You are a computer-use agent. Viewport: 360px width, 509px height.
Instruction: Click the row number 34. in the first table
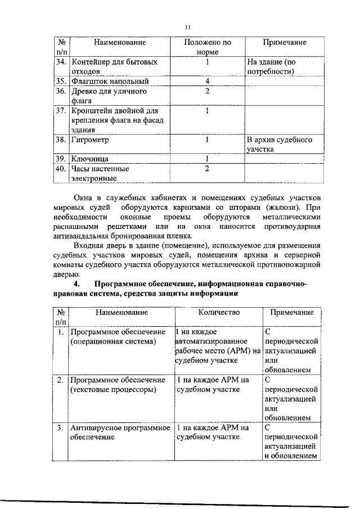[61, 61]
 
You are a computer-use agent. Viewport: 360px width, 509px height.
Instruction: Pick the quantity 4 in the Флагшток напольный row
[208, 81]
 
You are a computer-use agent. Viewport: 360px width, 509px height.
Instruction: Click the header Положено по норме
[208, 47]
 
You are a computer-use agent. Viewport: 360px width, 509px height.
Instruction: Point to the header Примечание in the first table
[285, 42]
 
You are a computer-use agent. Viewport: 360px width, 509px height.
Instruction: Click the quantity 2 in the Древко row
[208, 91]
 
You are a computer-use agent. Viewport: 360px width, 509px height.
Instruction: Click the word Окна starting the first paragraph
[85, 198]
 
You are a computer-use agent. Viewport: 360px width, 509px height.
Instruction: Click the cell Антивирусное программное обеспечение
[120, 433]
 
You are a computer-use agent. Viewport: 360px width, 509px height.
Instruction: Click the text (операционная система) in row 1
[111, 341]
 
